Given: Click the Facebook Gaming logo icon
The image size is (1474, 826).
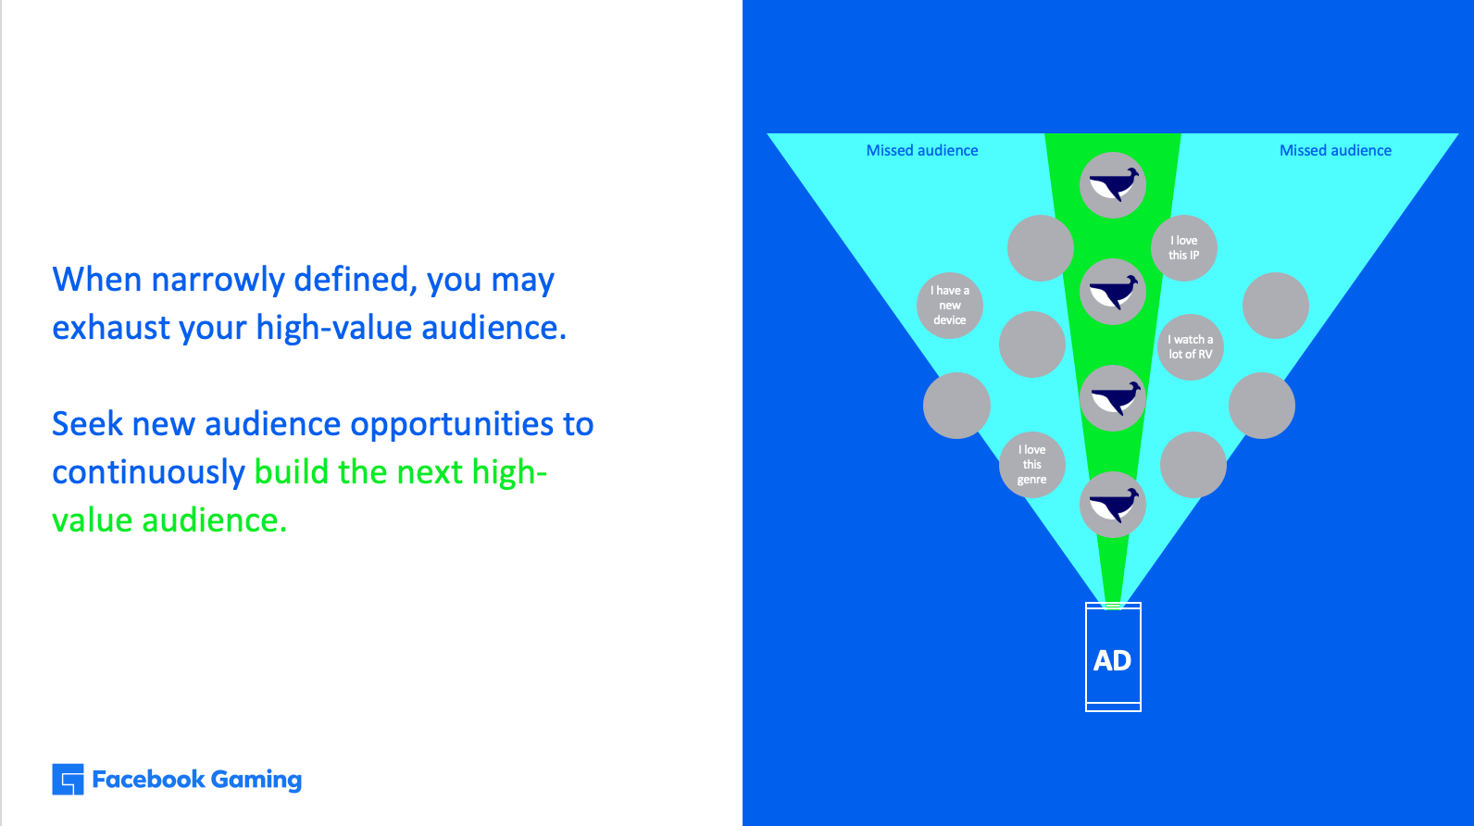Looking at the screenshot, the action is click(68, 780).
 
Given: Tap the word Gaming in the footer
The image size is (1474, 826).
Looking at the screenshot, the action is click(256, 780).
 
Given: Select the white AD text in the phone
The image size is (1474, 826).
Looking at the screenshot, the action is click(1112, 661).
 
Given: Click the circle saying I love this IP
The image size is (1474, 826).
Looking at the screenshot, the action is click(1184, 248).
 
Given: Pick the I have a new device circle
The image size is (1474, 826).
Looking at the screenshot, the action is click(950, 306).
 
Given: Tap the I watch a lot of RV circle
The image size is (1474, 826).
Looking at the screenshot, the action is click(1191, 347).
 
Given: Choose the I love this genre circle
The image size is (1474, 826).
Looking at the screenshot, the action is click(1031, 465).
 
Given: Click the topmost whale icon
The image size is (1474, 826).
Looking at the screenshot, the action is click(1113, 185).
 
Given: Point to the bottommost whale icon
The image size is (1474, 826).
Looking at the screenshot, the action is click(1113, 505).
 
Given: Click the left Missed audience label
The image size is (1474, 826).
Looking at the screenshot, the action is click(922, 151).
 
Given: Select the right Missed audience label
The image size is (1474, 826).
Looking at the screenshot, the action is click(1335, 151).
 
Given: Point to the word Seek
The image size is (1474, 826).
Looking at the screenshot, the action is click(87, 423).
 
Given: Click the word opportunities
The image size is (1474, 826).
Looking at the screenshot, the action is click(452, 425).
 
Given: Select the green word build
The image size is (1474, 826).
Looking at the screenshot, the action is click(291, 472).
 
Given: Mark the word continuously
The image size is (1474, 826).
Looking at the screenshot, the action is click(149, 473).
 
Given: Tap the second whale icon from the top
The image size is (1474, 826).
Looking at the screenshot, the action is click(1113, 292).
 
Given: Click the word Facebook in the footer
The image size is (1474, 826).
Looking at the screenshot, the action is click(148, 780).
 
